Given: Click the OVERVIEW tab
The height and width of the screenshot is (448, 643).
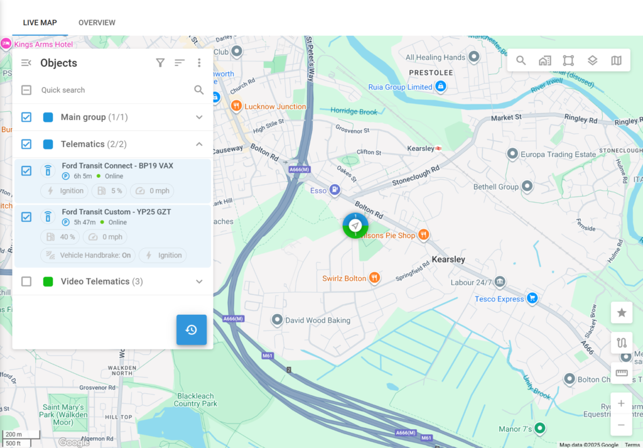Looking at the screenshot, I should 97,23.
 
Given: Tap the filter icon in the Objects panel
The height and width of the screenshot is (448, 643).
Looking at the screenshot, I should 160,63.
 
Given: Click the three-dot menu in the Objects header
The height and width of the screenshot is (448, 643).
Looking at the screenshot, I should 199,63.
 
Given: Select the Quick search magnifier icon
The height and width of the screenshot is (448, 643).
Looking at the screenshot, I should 199,90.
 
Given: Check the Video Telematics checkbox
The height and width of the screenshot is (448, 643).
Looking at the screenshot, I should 26,281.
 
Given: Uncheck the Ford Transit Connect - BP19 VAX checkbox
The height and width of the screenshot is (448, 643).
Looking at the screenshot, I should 26,171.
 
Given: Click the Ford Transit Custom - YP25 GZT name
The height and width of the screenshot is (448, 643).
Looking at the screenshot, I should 116,212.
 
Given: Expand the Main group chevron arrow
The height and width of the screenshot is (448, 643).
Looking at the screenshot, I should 199,117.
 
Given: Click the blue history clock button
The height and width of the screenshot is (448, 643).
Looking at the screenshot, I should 192,330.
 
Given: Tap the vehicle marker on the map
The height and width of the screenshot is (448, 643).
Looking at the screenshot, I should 355,226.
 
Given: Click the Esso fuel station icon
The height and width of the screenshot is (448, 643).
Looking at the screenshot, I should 336,189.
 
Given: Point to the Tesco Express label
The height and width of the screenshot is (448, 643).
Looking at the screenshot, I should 499,299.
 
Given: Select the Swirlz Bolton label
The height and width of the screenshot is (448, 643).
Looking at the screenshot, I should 344,278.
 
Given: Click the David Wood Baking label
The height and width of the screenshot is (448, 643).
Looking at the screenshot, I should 318,320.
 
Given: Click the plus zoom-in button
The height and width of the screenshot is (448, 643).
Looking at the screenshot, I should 621,403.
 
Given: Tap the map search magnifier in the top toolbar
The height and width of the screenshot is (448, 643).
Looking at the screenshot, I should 521,60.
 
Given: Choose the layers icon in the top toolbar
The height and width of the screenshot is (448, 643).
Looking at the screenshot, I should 592,60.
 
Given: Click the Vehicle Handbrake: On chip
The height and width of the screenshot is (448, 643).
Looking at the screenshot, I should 89,255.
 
